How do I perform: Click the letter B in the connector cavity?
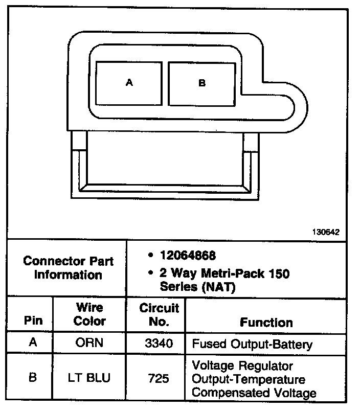202,83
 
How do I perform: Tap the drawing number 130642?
326,232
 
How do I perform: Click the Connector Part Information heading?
68,268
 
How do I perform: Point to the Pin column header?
33,322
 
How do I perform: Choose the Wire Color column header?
89,314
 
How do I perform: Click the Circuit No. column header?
159,314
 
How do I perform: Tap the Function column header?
266,322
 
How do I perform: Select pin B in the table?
33,379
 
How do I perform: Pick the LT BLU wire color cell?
89,379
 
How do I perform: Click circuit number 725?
159,379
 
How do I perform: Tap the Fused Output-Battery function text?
252,344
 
